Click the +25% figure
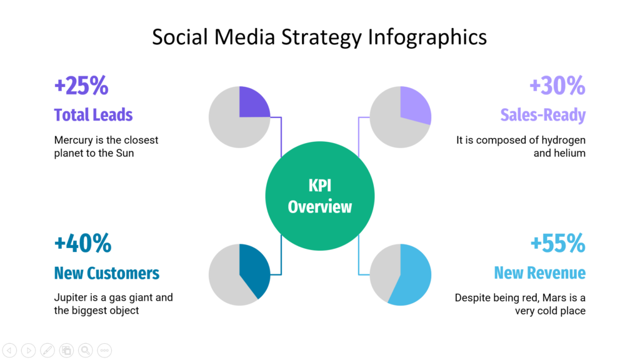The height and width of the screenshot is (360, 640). click(81, 86)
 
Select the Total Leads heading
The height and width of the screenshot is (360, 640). click(93, 115)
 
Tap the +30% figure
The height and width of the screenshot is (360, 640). click(557, 86)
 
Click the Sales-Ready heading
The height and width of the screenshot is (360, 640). click(542, 115)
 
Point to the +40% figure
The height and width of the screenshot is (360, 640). click(82, 243)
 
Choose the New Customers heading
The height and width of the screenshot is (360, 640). click(106, 273)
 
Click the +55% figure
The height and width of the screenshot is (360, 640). click(557, 243)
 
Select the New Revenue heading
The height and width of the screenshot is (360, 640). click(539, 273)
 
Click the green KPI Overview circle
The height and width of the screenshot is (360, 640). click(320, 196)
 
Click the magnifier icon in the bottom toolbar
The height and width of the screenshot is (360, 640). click(85, 350)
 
